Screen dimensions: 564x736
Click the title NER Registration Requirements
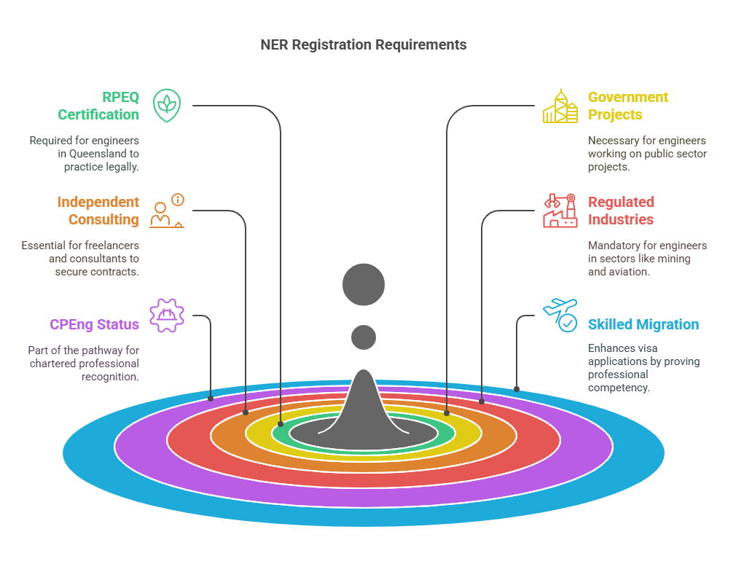coord(364,44)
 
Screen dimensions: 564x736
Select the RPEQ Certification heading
coord(98,106)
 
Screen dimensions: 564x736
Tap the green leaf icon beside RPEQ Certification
coord(167,106)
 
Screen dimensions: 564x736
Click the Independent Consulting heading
coord(98,211)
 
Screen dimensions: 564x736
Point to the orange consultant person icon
coord(167,211)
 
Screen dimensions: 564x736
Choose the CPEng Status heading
coord(94,324)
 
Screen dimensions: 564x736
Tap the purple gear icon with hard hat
coord(167,316)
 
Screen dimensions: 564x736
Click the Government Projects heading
coord(627,106)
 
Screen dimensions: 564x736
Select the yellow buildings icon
coord(560,106)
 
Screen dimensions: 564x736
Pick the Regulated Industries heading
coord(621,211)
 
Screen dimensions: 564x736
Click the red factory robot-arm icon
coord(560,211)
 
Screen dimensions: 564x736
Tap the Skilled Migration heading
coord(643,324)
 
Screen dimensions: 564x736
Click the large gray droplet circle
coord(364,283)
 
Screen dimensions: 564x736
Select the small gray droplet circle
coord(364,337)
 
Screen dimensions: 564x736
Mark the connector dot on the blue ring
coord(517,389)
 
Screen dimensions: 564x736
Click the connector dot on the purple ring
coord(211,399)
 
